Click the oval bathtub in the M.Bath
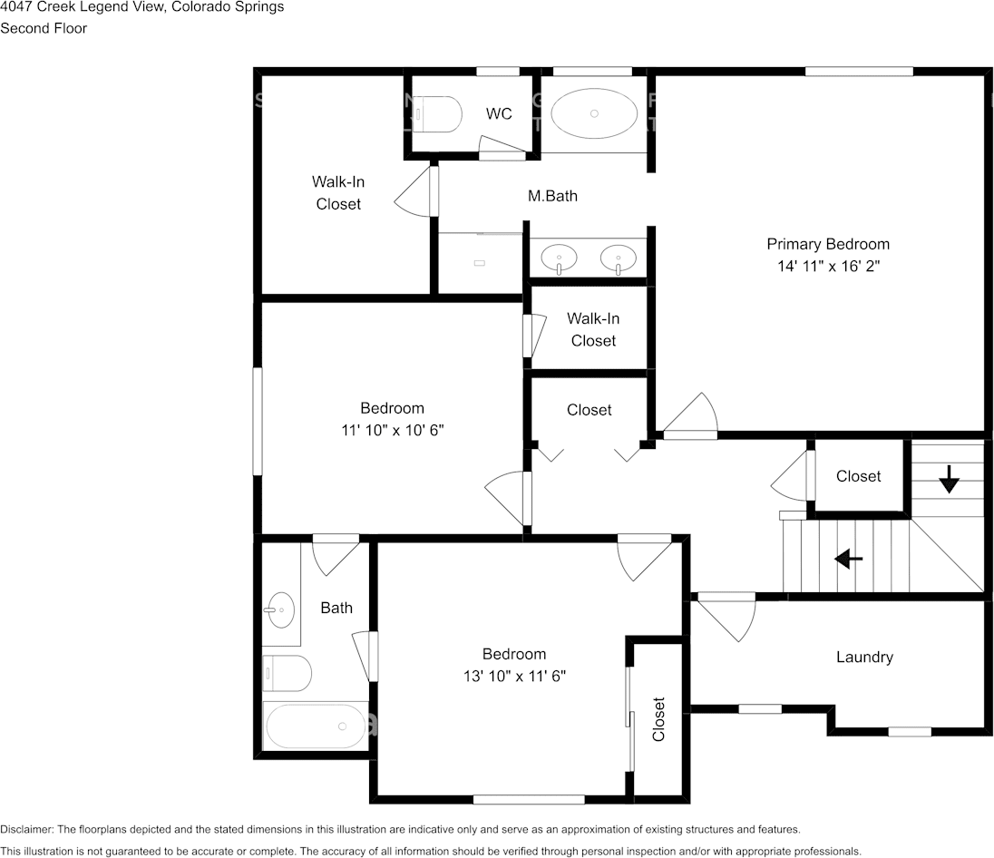594,113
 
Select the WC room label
499,113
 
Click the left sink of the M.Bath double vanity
559,258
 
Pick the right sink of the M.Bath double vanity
619,258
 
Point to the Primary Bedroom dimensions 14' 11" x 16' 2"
829,267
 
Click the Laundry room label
864,658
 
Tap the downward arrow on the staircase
949,479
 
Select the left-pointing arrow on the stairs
849,559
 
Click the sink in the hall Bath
279,609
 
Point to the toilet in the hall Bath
287,674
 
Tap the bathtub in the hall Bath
315,726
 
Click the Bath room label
336,609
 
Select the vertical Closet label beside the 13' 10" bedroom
658,719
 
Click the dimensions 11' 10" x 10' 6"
393,431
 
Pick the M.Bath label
553,196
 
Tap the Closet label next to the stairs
858,476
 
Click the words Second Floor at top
44,28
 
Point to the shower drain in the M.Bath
479,262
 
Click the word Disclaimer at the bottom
26,830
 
